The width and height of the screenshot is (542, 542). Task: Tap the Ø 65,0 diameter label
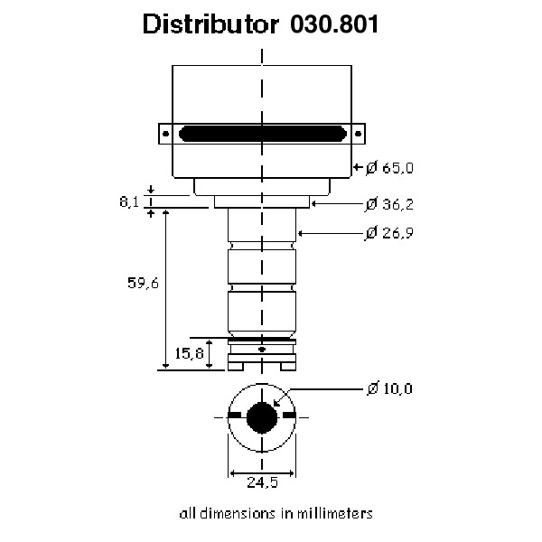[x=390, y=167]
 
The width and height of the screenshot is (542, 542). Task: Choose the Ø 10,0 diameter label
[x=390, y=388]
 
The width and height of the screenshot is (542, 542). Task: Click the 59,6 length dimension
[x=142, y=284]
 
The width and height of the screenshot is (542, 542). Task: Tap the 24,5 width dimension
[x=262, y=482]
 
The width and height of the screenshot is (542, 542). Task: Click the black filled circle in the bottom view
[x=262, y=417]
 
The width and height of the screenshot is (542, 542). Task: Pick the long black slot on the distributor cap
[x=262, y=134]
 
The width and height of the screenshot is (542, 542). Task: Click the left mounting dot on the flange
[x=166, y=134]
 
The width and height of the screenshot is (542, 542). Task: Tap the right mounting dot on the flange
[x=358, y=134]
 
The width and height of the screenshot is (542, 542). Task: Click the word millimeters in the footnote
[x=333, y=513]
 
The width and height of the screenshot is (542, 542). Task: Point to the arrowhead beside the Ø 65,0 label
[x=358, y=167]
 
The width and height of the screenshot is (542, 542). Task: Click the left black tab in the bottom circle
[x=236, y=416]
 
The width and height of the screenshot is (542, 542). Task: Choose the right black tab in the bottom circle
[x=289, y=416]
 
